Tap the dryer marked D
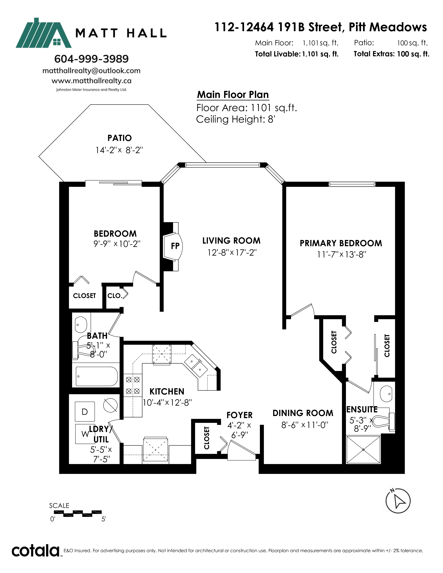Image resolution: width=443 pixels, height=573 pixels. click(x=85, y=411)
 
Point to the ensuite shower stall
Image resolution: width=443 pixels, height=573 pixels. click(x=363, y=450)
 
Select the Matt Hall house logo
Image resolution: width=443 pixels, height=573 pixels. click(x=44, y=33)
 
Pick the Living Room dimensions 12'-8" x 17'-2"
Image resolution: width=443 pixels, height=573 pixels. click(x=232, y=252)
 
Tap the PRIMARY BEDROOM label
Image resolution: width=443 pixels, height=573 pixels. click(x=341, y=243)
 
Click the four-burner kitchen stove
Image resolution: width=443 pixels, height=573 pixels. click(x=133, y=385)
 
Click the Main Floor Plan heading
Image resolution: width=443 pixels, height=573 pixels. click(x=233, y=95)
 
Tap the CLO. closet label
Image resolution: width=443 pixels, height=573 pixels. click(x=115, y=296)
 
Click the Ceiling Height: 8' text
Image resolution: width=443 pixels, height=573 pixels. click(x=235, y=119)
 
